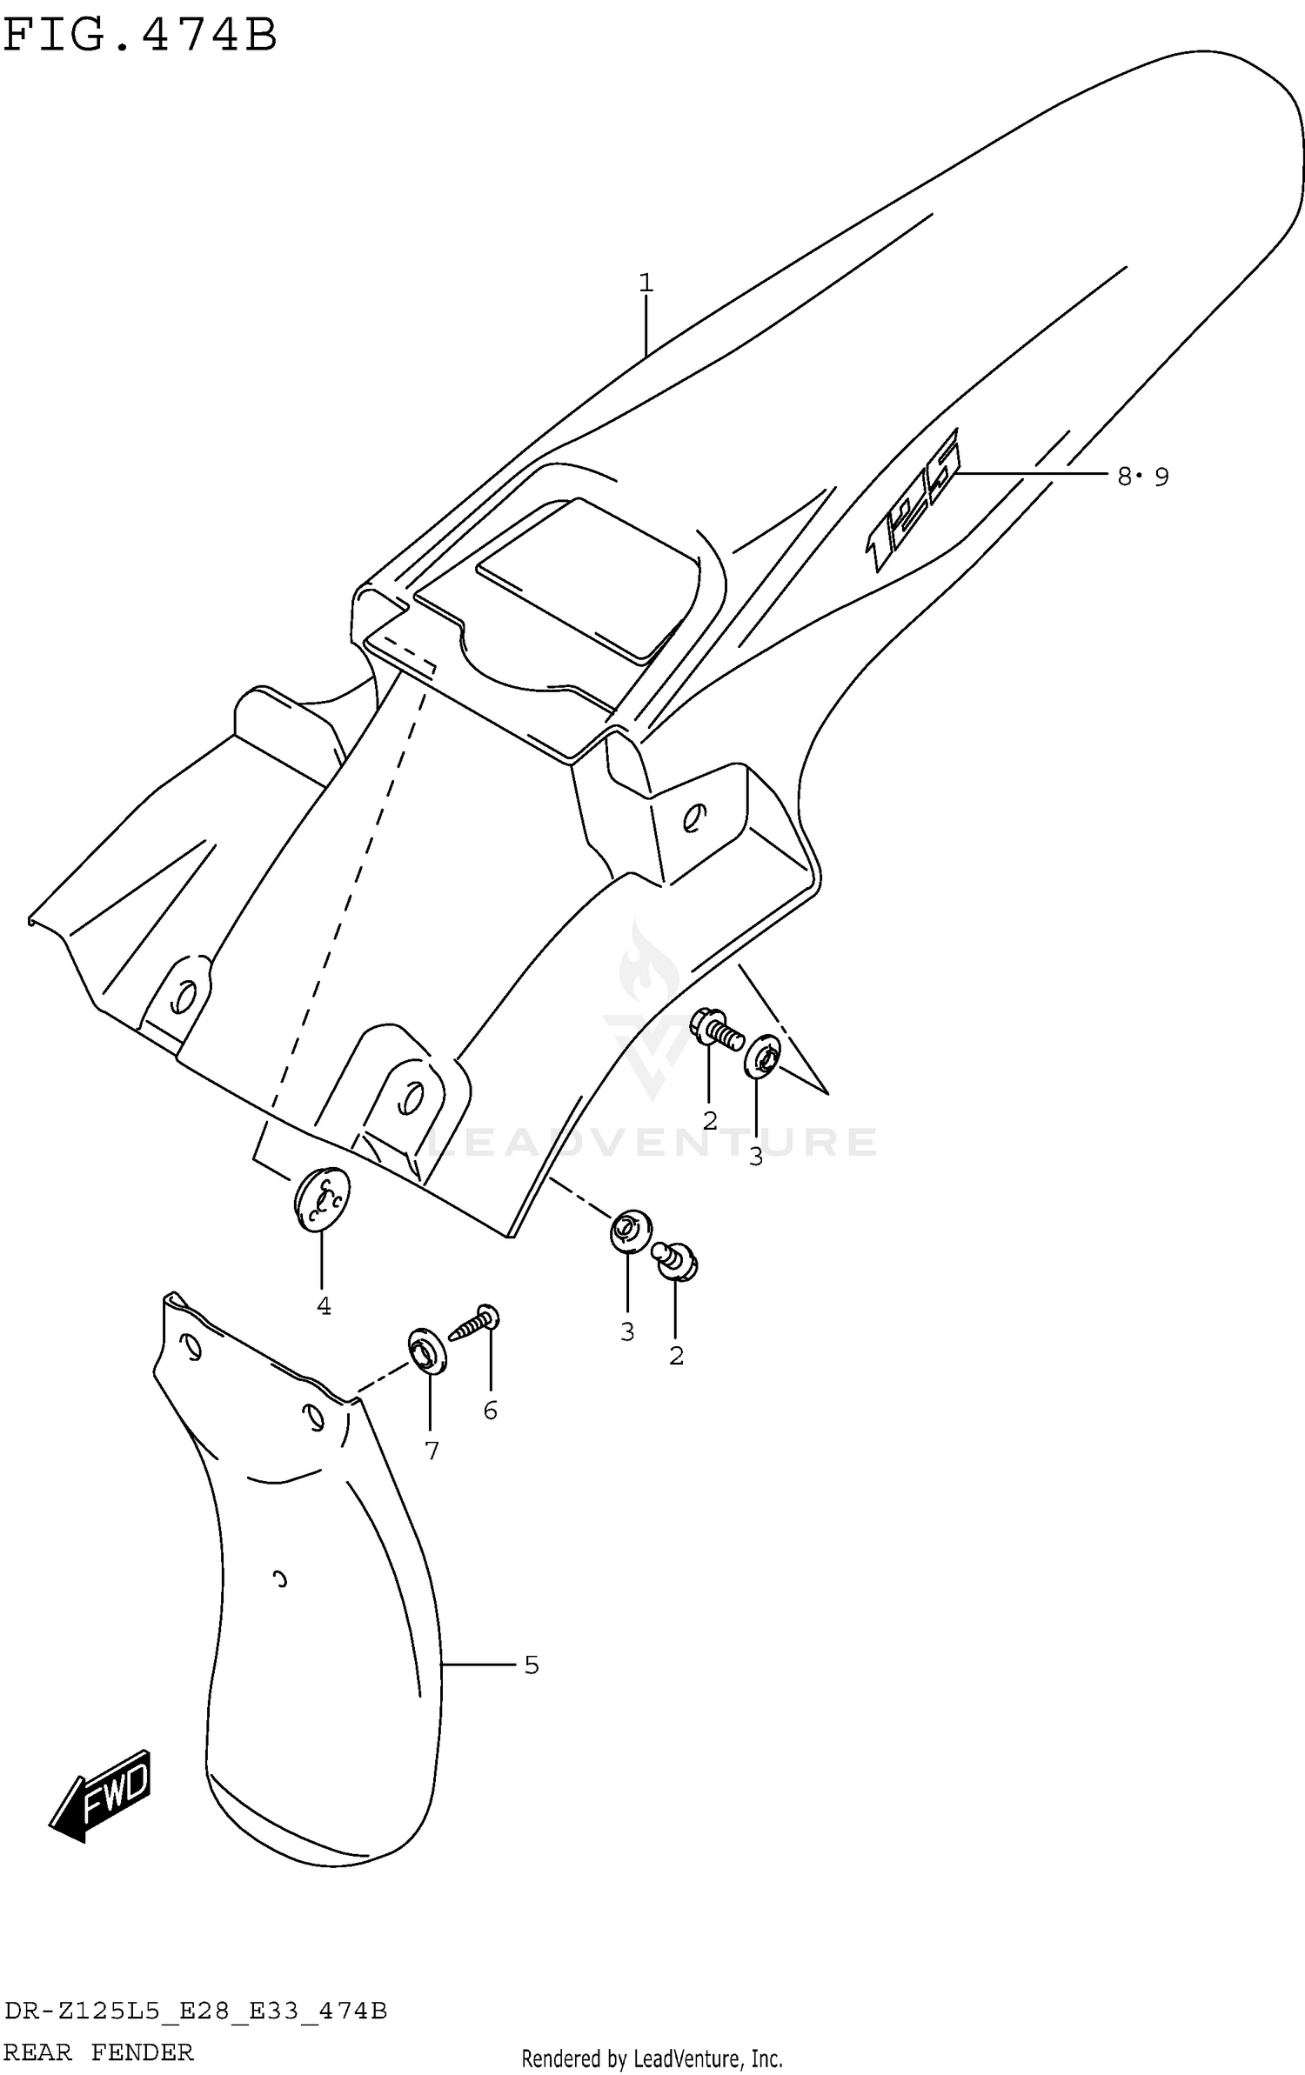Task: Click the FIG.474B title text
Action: tap(139, 37)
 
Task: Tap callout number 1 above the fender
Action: tap(646, 283)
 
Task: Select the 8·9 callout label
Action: tap(1143, 476)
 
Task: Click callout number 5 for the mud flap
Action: tap(532, 1665)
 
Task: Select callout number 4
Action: tap(324, 1305)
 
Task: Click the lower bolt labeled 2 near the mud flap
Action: tap(676, 1261)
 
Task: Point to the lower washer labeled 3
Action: tap(630, 1231)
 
